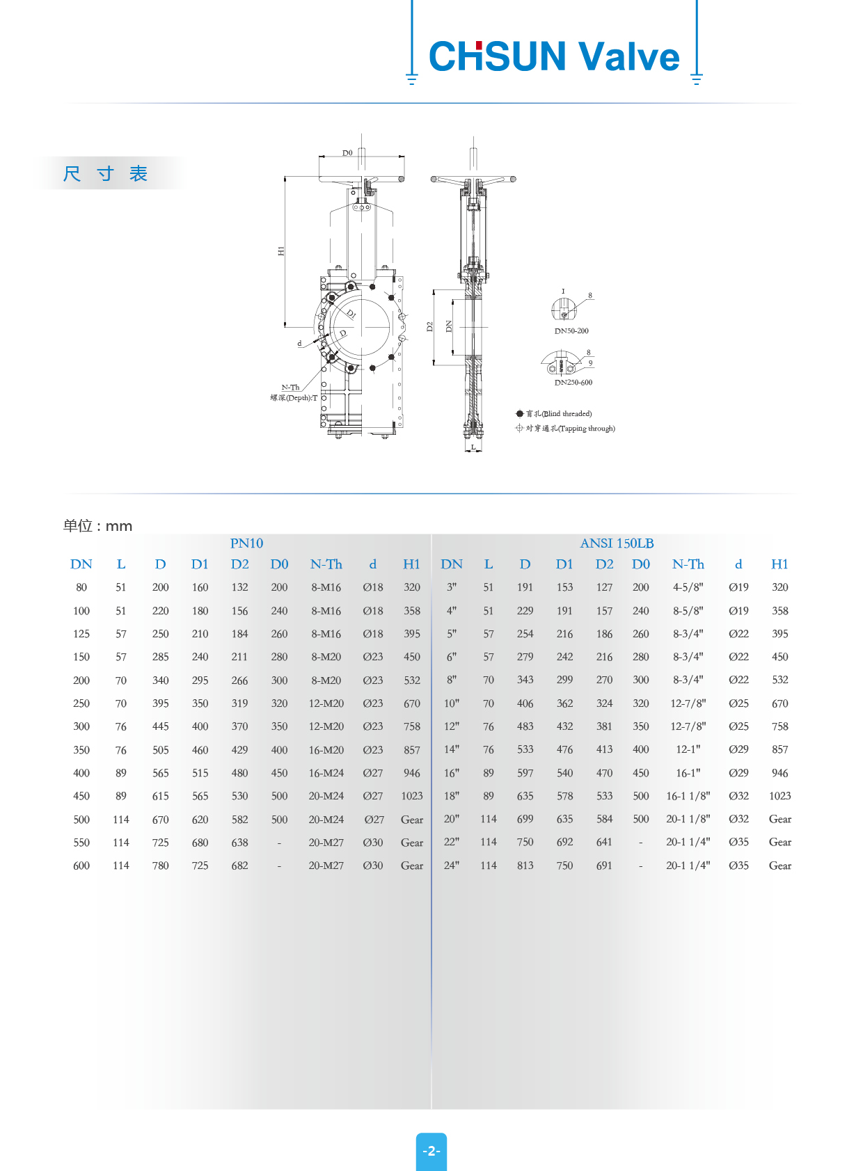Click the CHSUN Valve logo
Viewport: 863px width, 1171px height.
click(x=554, y=56)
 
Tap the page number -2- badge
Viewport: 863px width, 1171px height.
click(x=431, y=1151)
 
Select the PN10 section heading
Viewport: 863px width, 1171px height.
click(x=246, y=543)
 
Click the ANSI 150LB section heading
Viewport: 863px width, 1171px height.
click(x=617, y=543)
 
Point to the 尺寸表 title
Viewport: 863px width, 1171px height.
click(x=105, y=173)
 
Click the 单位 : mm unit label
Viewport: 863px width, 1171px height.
click(x=97, y=526)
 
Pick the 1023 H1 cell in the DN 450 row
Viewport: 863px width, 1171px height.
click(x=412, y=796)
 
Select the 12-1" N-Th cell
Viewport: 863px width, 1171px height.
click(x=688, y=749)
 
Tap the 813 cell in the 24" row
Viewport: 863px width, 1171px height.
click(x=525, y=866)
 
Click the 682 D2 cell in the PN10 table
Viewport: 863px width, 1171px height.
click(x=239, y=866)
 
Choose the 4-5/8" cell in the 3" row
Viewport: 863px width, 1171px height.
click(x=688, y=587)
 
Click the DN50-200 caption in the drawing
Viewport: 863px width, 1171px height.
click(x=571, y=331)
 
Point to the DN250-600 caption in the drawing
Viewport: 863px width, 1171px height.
click(x=573, y=383)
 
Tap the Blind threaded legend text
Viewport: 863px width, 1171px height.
click(x=559, y=414)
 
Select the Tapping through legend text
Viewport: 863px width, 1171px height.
click(x=570, y=429)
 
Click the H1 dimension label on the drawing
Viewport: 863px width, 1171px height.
click(x=281, y=250)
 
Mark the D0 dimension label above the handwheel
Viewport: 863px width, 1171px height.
click(x=347, y=153)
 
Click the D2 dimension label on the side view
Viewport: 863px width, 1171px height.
click(x=429, y=326)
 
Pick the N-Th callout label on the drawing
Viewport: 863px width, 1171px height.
click(x=290, y=388)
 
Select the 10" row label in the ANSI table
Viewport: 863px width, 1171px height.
click(x=452, y=703)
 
